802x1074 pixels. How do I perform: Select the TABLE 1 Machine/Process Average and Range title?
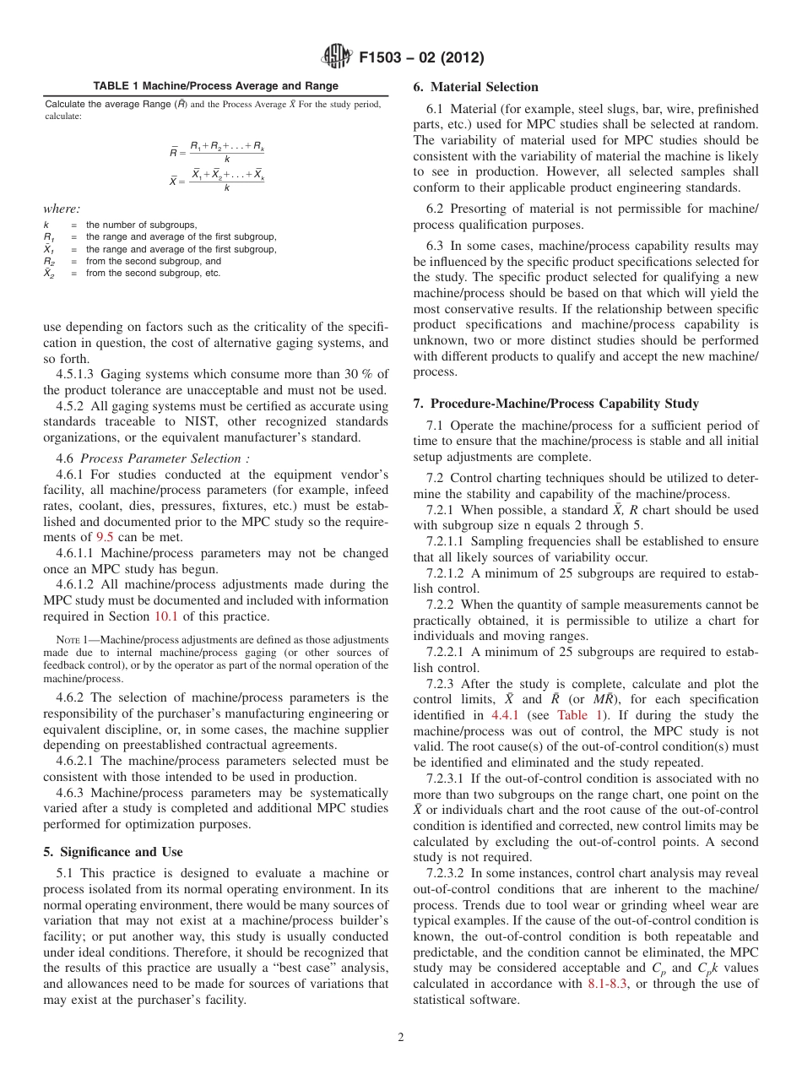[215, 86]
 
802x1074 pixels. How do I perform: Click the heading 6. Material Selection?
[475, 87]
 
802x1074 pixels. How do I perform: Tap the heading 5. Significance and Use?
[113, 852]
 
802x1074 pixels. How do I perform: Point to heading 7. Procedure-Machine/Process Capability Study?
[555, 404]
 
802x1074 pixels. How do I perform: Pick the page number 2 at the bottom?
[401, 1038]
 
